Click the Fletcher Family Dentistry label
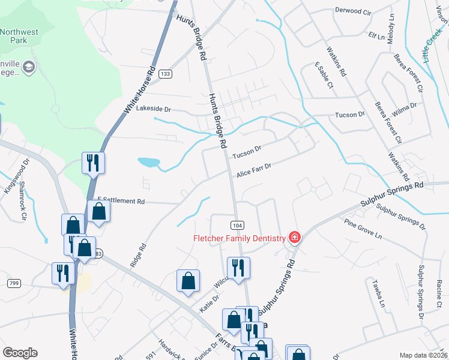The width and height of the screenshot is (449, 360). (239, 238)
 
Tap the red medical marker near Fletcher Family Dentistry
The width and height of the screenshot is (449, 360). (294, 238)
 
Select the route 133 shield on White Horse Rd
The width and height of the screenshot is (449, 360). (166, 74)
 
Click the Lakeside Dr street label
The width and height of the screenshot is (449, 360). (154, 110)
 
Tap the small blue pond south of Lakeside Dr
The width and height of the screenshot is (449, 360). (148, 162)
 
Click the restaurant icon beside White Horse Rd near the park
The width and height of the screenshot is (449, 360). (93, 163)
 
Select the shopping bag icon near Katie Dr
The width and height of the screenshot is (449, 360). (188, 281)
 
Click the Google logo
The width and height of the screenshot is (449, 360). (20, 353)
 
